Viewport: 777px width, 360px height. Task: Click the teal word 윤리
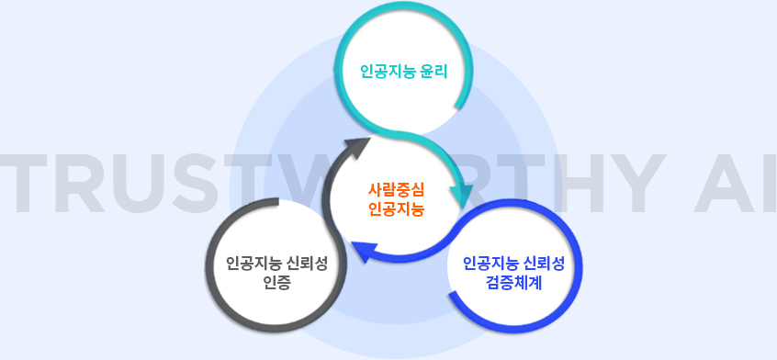(433, 73)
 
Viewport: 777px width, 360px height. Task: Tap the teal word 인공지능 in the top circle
(388, 73)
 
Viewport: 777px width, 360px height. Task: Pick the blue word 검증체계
(513, 283)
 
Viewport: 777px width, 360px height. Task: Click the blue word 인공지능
(490, 264)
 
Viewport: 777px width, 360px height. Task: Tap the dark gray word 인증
(276, 283)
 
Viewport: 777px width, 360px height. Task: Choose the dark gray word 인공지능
(253, 264)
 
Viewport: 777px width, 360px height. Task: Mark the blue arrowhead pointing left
(364, 251)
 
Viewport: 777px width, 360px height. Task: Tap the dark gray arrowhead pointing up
(355, 146)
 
